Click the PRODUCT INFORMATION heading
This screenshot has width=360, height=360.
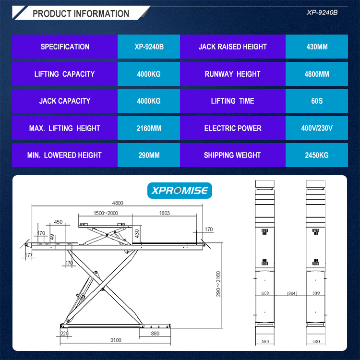(81, 13)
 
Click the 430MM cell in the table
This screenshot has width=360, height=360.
(317, 47)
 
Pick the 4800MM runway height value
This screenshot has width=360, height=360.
(317, 74)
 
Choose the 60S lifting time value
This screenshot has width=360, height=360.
(317, 101)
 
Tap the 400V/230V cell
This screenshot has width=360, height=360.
(317, 128)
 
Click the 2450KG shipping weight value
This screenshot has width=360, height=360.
(317, 155)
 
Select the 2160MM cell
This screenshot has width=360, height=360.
(148, 128)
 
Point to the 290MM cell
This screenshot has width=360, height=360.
(148, 155)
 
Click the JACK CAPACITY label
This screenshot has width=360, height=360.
(65, 101)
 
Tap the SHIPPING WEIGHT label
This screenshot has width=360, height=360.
(232, 155)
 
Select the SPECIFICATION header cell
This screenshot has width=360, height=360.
(65, 47)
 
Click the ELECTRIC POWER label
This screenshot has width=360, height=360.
(233, 128)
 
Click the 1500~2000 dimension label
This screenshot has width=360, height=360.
(106, 213)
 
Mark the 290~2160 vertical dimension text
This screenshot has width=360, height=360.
(218, 283)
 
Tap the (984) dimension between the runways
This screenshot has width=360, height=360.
(291, 292)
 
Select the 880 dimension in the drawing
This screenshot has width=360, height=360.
(155, 333)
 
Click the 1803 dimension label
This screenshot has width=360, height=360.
(165, 213)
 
